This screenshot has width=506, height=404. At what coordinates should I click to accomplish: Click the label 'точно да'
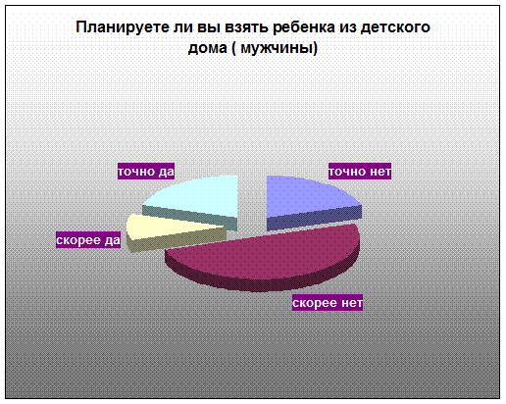pos(146,172)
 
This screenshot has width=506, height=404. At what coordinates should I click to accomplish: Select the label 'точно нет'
pos(360,172)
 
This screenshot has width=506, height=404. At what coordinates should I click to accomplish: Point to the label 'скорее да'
pos(88,240)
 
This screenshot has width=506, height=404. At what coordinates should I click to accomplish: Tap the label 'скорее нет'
pos(328,303)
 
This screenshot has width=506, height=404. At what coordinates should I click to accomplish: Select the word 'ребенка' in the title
pos(304,27)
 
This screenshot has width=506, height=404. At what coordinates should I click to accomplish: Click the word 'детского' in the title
pos(395,27)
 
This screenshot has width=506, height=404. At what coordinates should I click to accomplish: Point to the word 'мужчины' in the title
pos(278,48)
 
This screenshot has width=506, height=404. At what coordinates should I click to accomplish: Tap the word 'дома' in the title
pos(208,49)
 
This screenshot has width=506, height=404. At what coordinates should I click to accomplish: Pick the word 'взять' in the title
pos(246,27)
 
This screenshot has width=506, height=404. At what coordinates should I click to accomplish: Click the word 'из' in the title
pos(347,27)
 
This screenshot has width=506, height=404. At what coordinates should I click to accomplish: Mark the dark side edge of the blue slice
pos(314,219)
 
